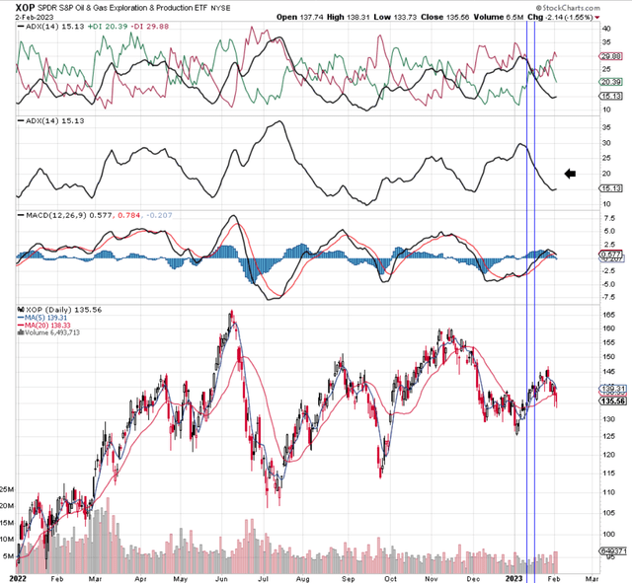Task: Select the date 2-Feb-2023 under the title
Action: (26, 17)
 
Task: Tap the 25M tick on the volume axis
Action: (8, 488)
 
